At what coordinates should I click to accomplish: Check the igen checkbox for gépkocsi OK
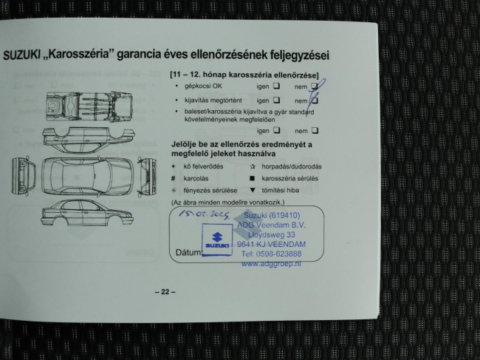pyautogui.click(x=275, y=86)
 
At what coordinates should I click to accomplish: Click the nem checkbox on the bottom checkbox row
pyautogui.click(x=314, y=130)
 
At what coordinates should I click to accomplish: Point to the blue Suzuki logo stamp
pyautogui.click(x=217, y=242)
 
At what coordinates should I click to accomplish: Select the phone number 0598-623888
pyautogui.click(x=272, y=254)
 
